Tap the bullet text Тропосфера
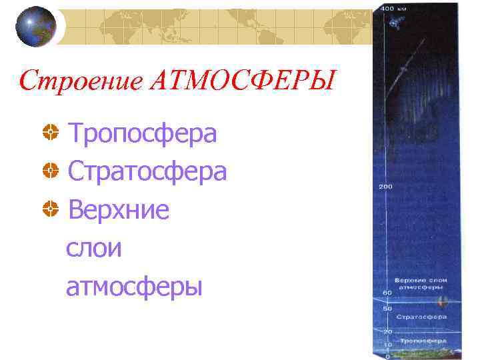tap(143, 133)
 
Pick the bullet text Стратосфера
tap(147, 172)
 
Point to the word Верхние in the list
tap(119, 210)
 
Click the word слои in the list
tap(94, 248)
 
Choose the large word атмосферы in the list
tap(133, 287)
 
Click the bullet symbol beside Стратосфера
tap(49, 173)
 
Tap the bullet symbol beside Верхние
tap(49, 211)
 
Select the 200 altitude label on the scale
tap(385, 186)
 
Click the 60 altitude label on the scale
tap(385, 293)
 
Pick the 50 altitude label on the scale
tap(385, 308)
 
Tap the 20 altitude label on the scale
tap(385, 331)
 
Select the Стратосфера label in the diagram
tap(421, 317)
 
